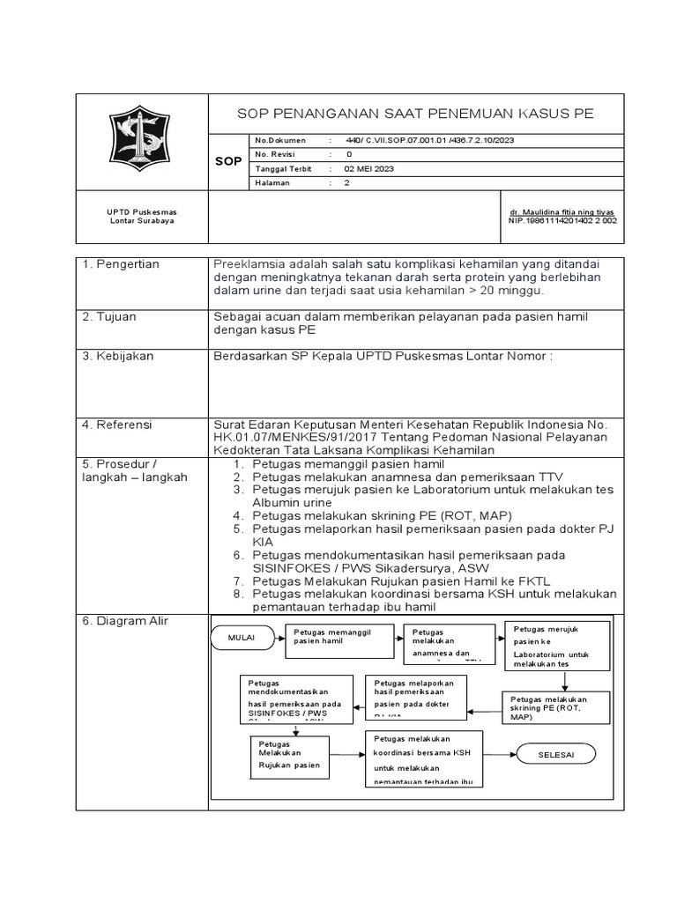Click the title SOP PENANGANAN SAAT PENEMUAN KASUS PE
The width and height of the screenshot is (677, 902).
click(x=416, y=114)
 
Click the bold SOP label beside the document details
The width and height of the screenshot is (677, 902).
click(x=228, y=161)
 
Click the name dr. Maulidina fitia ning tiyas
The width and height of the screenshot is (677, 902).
click(x=562, y=212)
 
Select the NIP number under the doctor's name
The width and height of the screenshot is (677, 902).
click(x=562, y=221)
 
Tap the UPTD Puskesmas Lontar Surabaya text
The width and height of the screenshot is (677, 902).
click(x=142, y=216)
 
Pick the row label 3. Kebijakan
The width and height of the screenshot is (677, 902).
click(x=118, y=356)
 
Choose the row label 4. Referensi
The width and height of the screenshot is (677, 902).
click(x=118, y=424)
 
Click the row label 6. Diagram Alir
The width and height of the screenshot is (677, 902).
click(x=125, y=621)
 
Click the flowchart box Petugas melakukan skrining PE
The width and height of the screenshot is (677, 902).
click(x=557, y=708)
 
